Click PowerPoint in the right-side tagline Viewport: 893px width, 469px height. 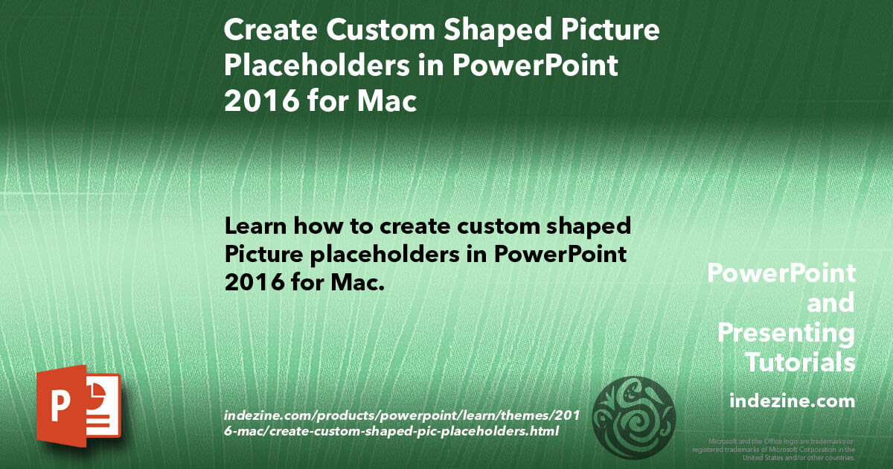pyautogui.click(x=781, y=273)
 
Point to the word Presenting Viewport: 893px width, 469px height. pyautogui.click(x=786, y=333)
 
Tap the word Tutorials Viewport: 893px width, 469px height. pyautogui.click(x=800, y=363)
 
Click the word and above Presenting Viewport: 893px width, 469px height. pyautogui.click(x=830, y=303)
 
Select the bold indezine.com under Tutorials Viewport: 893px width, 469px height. pyautogui.click(x=792, y=401)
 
